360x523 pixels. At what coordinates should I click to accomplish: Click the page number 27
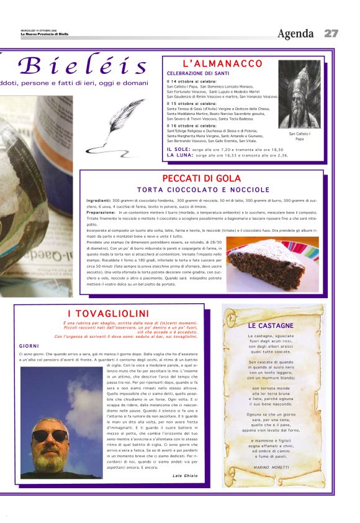[x=331, y=34]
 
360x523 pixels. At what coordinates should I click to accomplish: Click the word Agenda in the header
[x=295, y=34]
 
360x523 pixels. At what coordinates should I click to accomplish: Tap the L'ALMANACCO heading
[x=222, y=64]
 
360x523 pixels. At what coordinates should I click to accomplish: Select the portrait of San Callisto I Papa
[x=299, y=94]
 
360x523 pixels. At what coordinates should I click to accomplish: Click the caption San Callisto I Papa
[x=300, y=136]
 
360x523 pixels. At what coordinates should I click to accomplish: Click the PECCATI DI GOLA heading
[x=202, y=179]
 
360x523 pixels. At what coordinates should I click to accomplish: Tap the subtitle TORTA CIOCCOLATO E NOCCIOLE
[x=203, y=189]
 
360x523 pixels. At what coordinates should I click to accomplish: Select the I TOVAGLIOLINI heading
[x=108, y=313]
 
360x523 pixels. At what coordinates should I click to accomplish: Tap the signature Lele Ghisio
[x=185, y=476]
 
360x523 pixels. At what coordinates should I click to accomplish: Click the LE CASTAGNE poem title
[x=271, y=325]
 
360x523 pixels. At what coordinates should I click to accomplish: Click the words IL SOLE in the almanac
[x=178, y=150]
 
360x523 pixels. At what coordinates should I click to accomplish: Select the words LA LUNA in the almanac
[x=179, y=155]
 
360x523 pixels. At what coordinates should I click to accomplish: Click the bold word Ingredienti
[x=98, y=201]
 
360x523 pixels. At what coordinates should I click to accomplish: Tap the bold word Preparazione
[x=102, y=212]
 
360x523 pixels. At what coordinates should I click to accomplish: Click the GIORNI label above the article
[x=29, y=345]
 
